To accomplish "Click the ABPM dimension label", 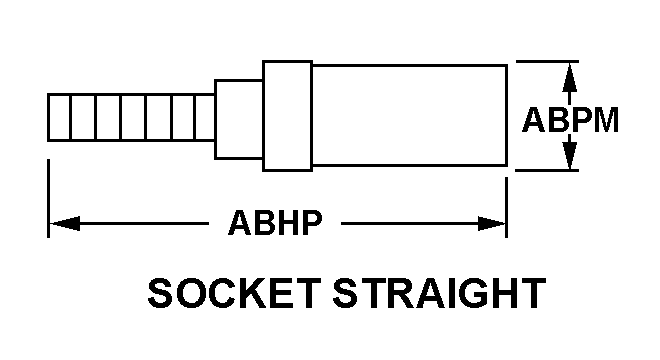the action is [570, 120].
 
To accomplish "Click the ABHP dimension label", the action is [275, 222].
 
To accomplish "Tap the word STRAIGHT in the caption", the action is [439, 293].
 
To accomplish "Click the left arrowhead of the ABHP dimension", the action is [64, 223].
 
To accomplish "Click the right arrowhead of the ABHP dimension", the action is [492, 223].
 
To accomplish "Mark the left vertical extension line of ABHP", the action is [48, 198].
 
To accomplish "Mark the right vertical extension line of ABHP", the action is [506, 207].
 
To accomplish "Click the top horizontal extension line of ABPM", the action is [547, 61].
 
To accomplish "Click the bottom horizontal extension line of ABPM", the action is [547, 171].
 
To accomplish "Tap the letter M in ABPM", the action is [605, 120].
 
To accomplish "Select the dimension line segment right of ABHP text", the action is [423, 223].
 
